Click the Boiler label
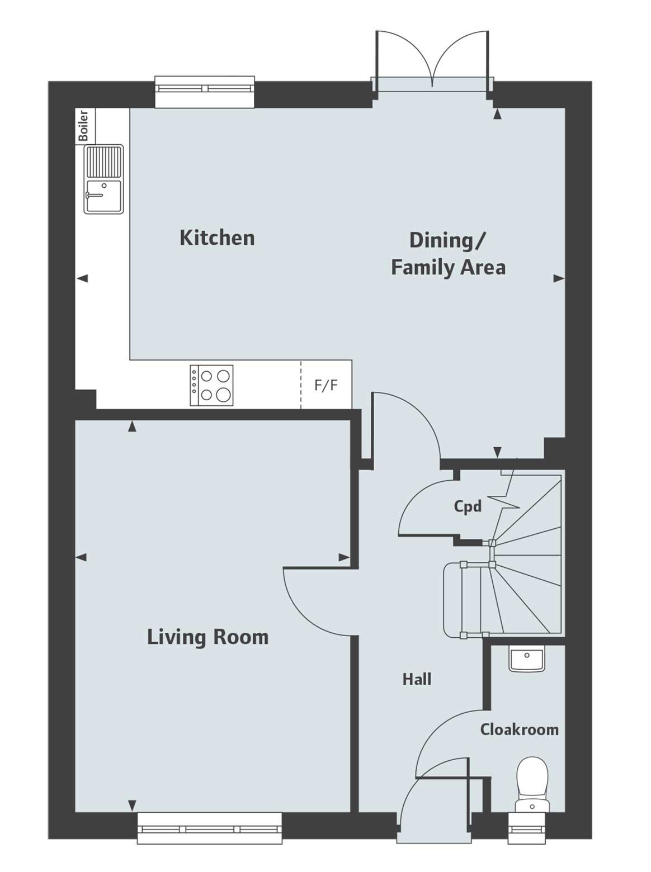pos(84,126)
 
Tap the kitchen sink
pos(103,179)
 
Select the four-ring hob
pos(211,386)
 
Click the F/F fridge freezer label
pos(326,385)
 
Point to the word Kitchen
pos(217,238)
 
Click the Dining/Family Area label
pos(448,254)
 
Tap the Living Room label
pos(207,637)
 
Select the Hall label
pos(417,679)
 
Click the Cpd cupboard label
pos(467,506)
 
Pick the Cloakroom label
pos(519,729)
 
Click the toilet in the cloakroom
pos(532,783)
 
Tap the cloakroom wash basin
pos(526,659)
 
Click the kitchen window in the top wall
pos(205,88)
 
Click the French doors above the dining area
pos(432,61)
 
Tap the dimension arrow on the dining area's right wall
pos(558,278)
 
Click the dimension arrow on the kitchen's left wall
pos(82,278)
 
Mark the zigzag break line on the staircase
pos(505,497)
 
